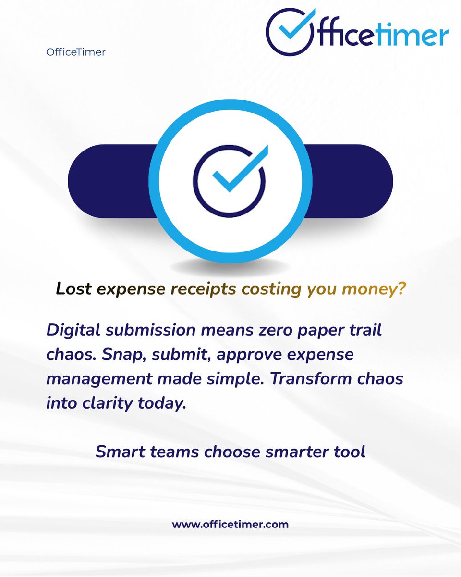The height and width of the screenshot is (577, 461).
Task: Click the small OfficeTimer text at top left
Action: click(76, 52)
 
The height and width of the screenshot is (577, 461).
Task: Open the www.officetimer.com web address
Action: click(230, 524)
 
